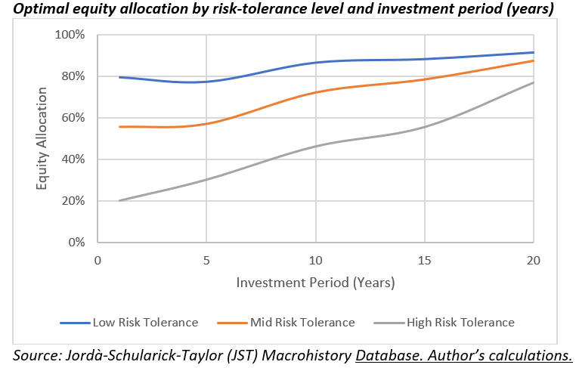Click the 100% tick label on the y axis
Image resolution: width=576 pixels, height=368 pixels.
[69, 36]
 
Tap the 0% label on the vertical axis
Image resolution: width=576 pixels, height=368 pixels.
[76, 243]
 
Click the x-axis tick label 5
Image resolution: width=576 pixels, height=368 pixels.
[206, 260]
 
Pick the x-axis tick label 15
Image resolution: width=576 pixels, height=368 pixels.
[425, 260]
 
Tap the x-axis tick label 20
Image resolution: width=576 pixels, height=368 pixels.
[534, 260]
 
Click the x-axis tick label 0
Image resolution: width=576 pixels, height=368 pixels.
[98, 260]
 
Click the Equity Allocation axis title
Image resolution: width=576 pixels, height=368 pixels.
[43, 139]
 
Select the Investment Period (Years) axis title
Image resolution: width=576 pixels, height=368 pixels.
[315, 283]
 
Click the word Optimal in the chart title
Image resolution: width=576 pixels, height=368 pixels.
[35, 9]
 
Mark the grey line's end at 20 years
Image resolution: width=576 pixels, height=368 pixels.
[534, 82]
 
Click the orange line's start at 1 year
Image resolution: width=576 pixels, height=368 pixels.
[119, 127]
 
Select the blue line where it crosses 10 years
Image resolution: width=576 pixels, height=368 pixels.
[315, 63]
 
